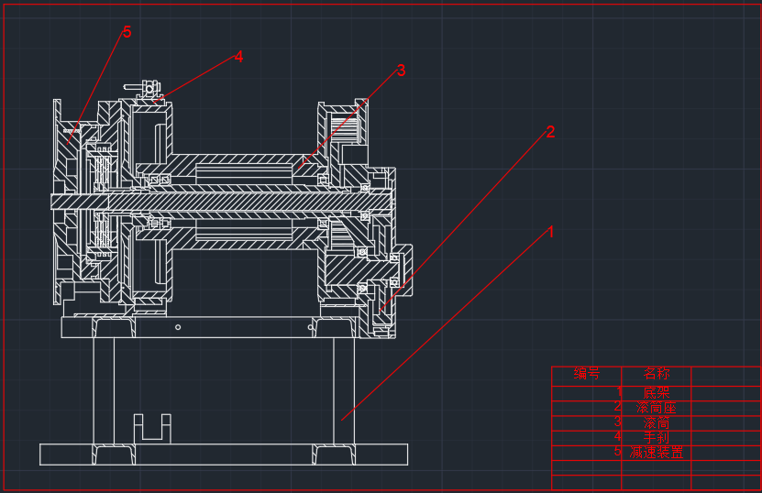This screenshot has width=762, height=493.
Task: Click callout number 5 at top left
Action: point(127,32)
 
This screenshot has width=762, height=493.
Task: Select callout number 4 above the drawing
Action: point(238,57)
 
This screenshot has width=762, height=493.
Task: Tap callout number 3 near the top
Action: point(401,71)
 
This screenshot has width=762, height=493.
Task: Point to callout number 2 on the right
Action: point(550,132)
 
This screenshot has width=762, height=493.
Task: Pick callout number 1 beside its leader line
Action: point(551,233)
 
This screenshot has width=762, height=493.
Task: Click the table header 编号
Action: point(586,374)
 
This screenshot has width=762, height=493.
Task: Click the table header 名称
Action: point(656,374)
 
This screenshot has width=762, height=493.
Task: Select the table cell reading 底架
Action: point(657,392)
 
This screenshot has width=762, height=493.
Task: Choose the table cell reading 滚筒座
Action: point(657,408)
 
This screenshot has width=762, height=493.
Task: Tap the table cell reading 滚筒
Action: point(657,423)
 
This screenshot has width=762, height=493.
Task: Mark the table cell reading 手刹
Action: point(657,438)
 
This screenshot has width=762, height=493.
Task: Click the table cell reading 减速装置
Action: point(657,453)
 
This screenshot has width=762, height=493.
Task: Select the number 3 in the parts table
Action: point(617,422)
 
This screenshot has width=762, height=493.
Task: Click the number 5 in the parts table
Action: point(618,452)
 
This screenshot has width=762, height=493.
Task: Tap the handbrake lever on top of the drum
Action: point(147,89)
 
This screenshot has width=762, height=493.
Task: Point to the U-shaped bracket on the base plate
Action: point(152,429)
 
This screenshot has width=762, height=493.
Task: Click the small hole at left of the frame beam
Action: point(179,327)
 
